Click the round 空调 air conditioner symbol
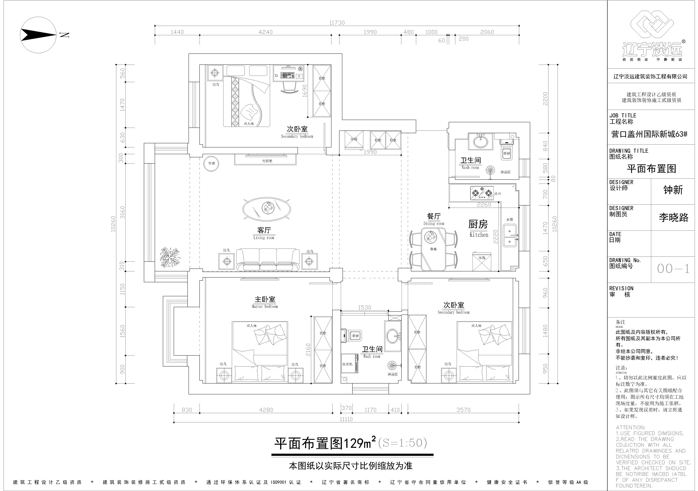tap(211, 164)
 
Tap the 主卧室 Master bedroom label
tap(265, 302)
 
